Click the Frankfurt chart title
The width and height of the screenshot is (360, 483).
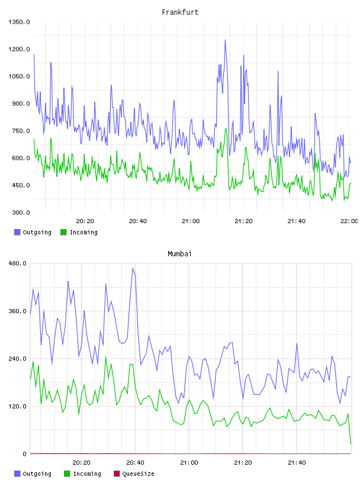coord(180,12)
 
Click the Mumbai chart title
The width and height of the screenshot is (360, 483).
coord(179,253)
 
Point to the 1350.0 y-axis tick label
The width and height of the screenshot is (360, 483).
coord(19,22)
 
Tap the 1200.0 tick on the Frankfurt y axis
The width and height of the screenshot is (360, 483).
coord(19,49)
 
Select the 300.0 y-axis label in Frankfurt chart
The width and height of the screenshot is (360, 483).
coord(21,212)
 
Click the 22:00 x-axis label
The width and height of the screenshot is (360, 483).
coord(349,221)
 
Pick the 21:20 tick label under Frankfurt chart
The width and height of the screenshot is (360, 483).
coord(243,221)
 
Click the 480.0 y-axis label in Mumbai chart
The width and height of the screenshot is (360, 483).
coord(17,263)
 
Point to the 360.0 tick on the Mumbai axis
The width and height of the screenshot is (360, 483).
coord(17,311)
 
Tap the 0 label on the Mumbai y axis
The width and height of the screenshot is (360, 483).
coord(24,454)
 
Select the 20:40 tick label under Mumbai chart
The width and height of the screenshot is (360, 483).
coord(136,463)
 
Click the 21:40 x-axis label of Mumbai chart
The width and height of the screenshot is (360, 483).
coord(297,463)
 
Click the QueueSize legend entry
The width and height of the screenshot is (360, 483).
coord(138,474)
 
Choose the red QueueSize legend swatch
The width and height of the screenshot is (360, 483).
coord(117,474)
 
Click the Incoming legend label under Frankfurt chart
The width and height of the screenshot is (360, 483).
coord(83,232)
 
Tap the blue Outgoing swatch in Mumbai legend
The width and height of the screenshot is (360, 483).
coord(17,474)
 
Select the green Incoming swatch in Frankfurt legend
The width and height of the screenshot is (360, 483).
coord(63,232)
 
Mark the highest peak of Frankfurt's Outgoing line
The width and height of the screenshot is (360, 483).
coord(225,40)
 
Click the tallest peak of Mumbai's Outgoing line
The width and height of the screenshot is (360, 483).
coord(133,268)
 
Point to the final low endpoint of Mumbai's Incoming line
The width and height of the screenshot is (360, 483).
coord(351,444)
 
